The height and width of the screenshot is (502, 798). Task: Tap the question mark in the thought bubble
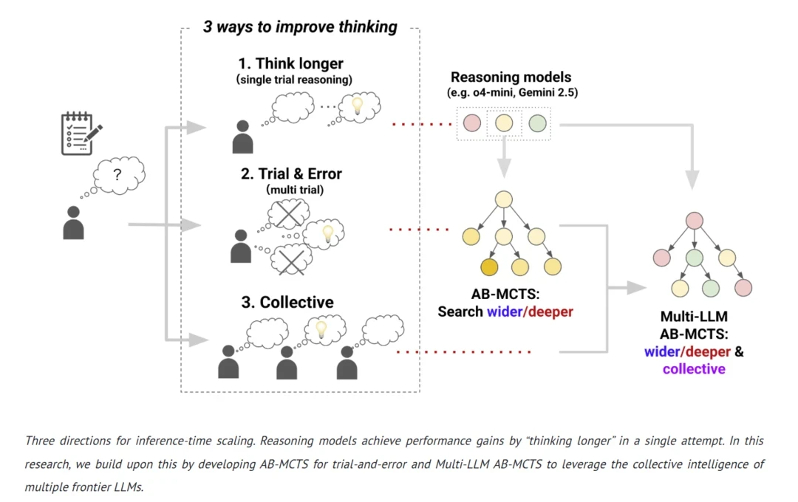click(x=117, y=175)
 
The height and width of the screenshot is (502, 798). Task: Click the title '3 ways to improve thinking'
click(x=300, y=27)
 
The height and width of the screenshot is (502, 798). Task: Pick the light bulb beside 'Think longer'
click(x=358, y=106)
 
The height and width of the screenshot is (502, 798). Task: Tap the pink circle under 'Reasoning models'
click(x=471, y=123)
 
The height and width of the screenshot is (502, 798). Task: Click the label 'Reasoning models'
click(x=511, y=77)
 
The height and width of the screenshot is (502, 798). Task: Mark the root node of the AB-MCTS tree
click(x=504, y=199)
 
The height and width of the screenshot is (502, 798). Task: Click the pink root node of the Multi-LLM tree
click(x=693, y=221)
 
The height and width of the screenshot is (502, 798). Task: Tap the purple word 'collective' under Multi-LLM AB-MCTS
click(x=693, y=369)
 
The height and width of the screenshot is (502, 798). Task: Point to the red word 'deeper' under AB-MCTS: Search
click(x=550, y=312)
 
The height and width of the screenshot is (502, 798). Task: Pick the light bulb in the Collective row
click(x=321, y=330)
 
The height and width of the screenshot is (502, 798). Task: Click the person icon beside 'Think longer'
click(x=242, y=137)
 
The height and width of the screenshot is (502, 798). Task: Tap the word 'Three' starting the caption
click(x=43, y=441)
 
